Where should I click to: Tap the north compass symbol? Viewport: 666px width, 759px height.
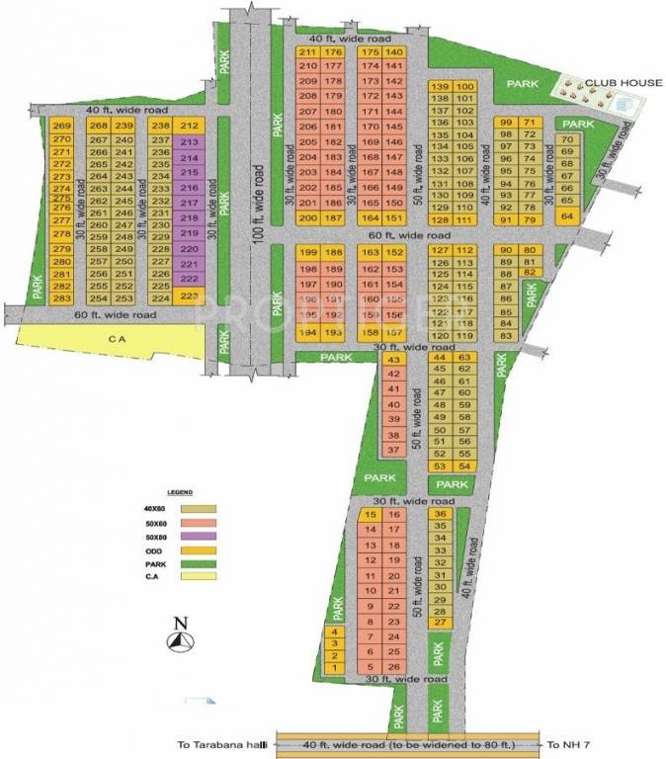click(179, 637)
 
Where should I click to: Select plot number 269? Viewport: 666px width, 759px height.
click(63, 126)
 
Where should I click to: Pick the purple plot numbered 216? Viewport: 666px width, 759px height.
click(191, 187)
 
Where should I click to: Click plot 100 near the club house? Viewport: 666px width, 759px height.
click(465, 87)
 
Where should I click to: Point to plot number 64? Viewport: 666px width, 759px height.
click(566, 215)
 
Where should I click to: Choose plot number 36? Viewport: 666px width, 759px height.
click(441, 514)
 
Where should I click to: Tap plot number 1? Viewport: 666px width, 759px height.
click(335, 667)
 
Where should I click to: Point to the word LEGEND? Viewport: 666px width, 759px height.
click(179, 491)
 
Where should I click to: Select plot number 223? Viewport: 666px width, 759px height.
click(191, 295)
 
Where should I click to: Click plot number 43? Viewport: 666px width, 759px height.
click(393, 360)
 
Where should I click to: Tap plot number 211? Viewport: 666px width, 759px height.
click(307, 52)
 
